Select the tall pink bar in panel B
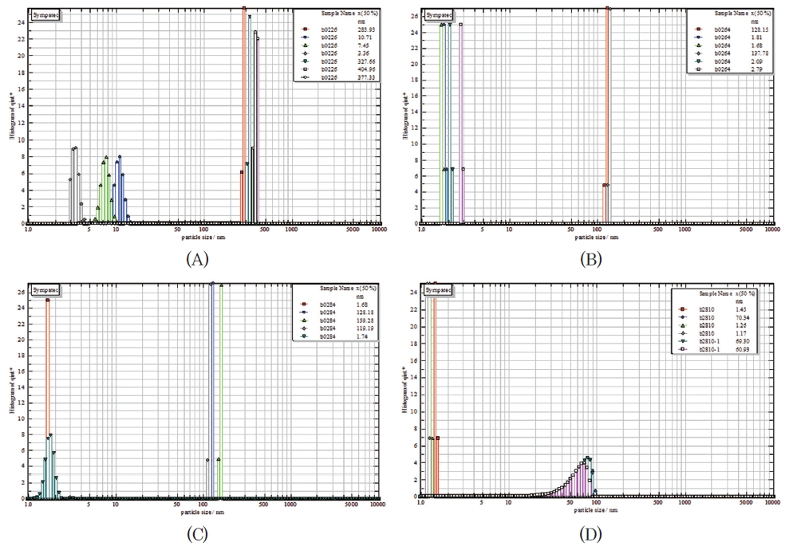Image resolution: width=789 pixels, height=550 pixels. pos(461,120)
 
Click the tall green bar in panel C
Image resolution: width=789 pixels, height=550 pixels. pos(221,391)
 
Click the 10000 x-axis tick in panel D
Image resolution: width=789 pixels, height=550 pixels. pos(770,504)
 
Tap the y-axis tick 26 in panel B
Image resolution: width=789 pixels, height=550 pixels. pos(414,15)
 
